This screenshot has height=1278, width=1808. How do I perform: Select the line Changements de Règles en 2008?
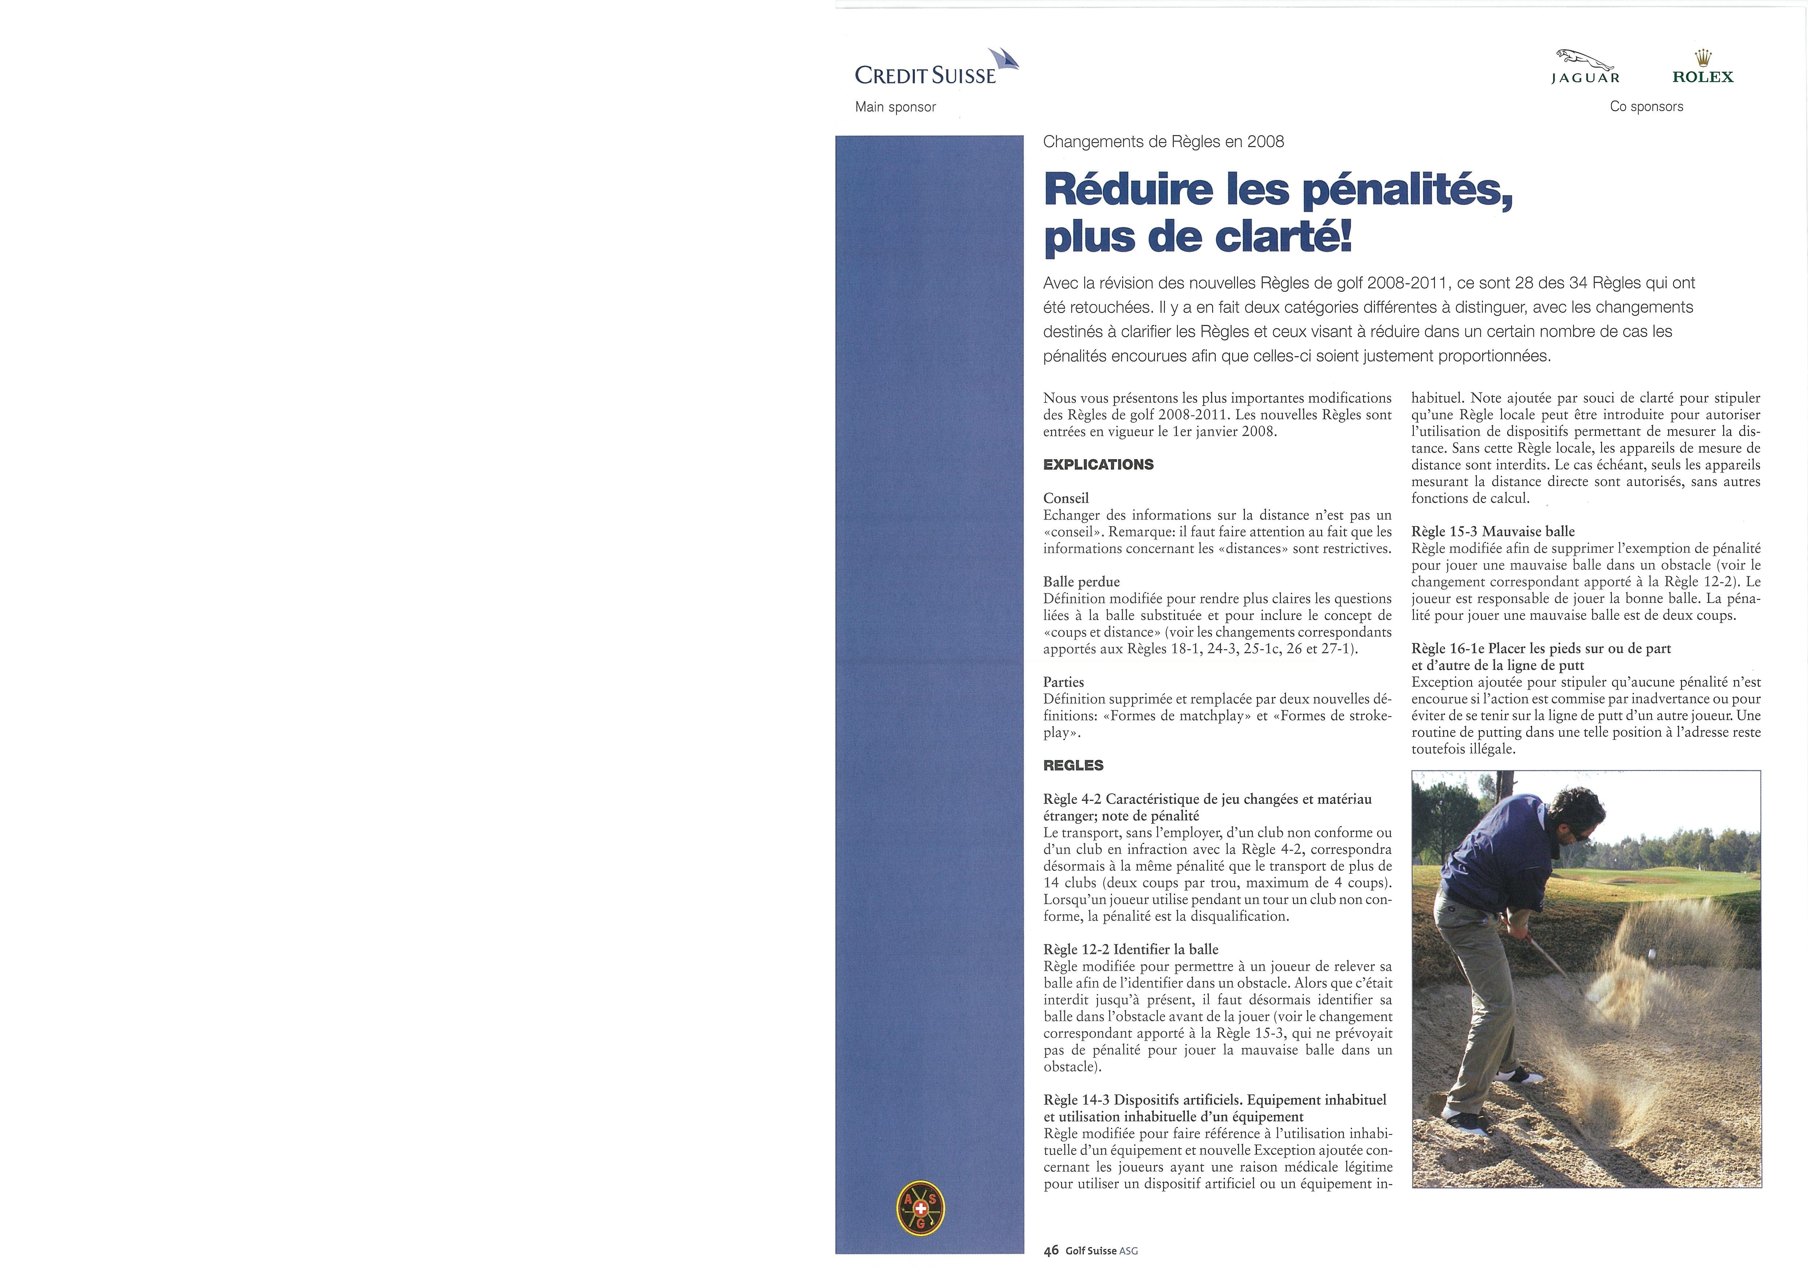point(1163,142)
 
